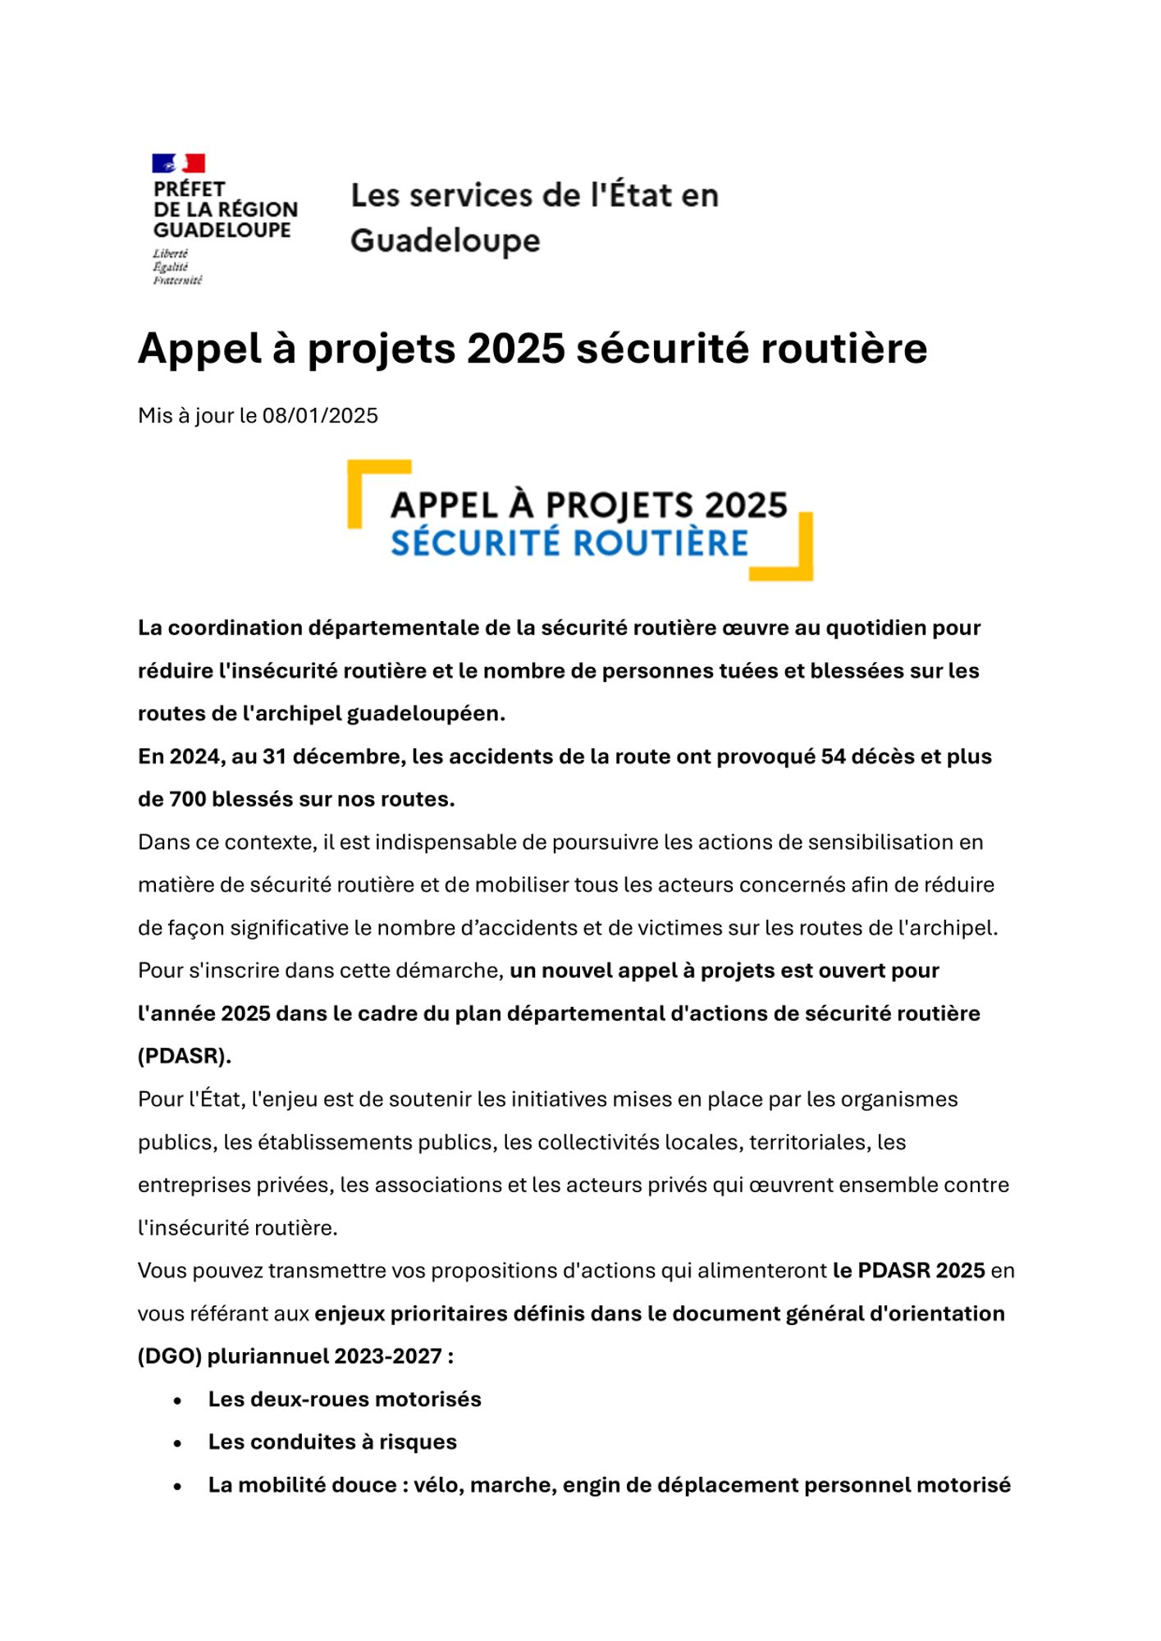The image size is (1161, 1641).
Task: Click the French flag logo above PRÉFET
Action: pos(178,163)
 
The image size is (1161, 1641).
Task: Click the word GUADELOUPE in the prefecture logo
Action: pos(222,231)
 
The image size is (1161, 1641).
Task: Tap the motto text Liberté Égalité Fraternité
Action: pos(176,267)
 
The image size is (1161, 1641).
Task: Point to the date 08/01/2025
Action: pos(320,416)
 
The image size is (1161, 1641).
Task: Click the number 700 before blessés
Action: pos(187,799)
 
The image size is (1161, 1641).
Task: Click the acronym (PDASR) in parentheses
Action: pos(184,1056)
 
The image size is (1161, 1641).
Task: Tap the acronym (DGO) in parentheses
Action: pos(170,1356)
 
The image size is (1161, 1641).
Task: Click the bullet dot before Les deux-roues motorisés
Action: pos(178,1401)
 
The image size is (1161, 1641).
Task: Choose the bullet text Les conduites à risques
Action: pos(332,1442)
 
